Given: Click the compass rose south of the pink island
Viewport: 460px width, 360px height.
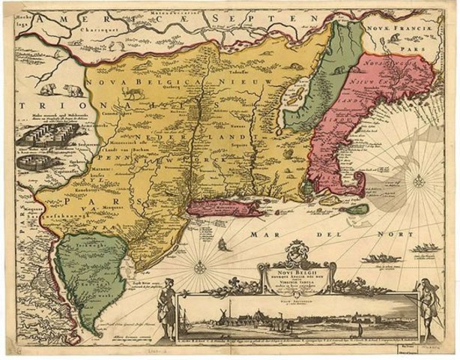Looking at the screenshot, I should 202,266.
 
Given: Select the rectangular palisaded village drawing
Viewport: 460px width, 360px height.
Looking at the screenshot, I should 42,136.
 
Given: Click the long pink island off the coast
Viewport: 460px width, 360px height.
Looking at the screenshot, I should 225,206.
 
